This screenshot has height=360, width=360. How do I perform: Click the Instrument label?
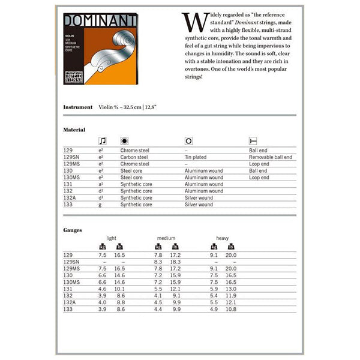(x=77, y=107)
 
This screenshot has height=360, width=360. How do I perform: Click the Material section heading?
(x=74, y=130)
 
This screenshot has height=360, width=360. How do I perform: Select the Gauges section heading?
(x=73, y=230)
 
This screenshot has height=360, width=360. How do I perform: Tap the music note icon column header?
(x=102, y=141)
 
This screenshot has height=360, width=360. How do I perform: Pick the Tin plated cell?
(x=195, y=157)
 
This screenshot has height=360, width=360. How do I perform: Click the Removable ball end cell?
(x=271, y=157)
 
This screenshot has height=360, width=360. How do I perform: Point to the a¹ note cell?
(x=101, y=184)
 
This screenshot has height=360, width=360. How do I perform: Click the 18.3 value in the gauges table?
(x=175, y=262)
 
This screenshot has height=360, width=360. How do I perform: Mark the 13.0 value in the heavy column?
(x=231, y=289)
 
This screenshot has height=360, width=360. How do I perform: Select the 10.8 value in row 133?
(x=231, y=310)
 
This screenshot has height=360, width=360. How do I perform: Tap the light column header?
(x=112, y=238)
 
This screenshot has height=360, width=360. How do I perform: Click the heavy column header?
(x=223, y=238)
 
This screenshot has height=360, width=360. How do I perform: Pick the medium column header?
(x=166, y=238)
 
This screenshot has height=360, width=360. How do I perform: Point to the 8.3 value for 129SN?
(x=158, y=262)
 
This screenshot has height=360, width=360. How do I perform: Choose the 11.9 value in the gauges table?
(x=231, y=296)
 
